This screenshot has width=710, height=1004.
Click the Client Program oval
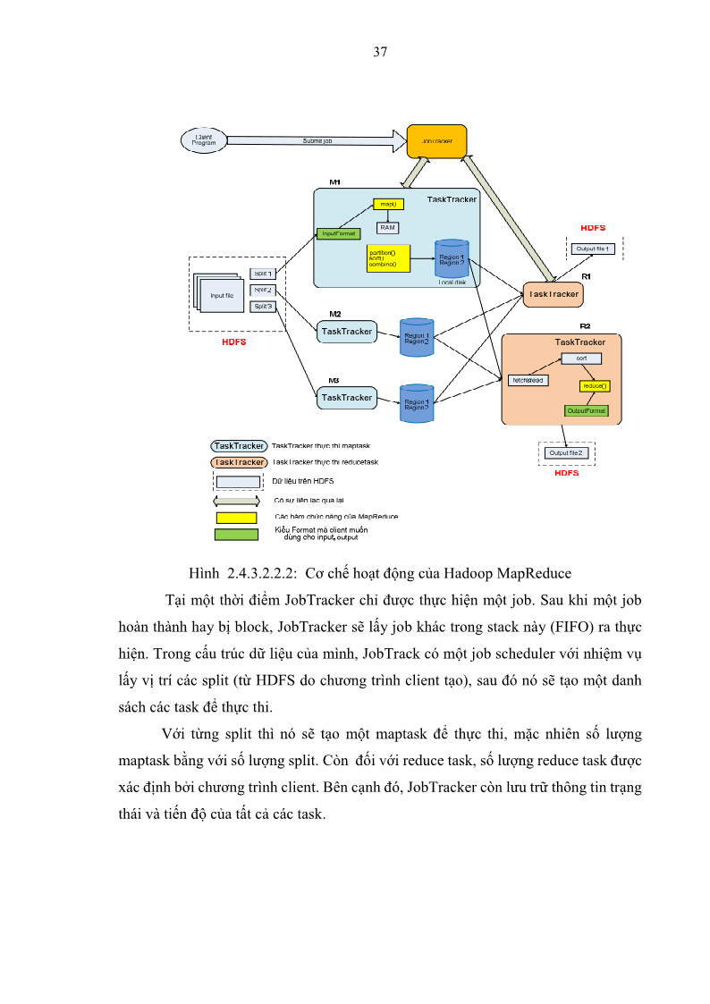coord(204,140)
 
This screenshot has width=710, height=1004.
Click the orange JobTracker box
coord(436,142)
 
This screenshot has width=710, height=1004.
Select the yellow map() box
coord(388,204)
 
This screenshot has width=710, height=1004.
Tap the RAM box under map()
coord(388,227)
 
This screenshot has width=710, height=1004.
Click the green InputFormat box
coord(339,233)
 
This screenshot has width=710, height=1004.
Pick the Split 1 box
coord(263,274)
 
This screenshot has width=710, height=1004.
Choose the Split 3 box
coord(263,306)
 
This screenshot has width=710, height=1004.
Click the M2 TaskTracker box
coord(346,332)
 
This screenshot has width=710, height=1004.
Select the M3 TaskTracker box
coord(346,397)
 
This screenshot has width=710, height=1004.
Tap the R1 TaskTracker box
coord(554,293)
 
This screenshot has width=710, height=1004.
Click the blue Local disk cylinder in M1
coord(452,258)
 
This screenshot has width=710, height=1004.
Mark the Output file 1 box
coord(593,249)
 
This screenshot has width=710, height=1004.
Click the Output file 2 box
coord(565,453)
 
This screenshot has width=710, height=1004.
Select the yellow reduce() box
coord(594,386)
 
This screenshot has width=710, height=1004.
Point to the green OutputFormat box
coord(586,410)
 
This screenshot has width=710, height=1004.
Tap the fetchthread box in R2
coord(528,380)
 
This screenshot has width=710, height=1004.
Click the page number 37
coord(379,52)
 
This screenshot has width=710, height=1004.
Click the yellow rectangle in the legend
coord(236,517)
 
